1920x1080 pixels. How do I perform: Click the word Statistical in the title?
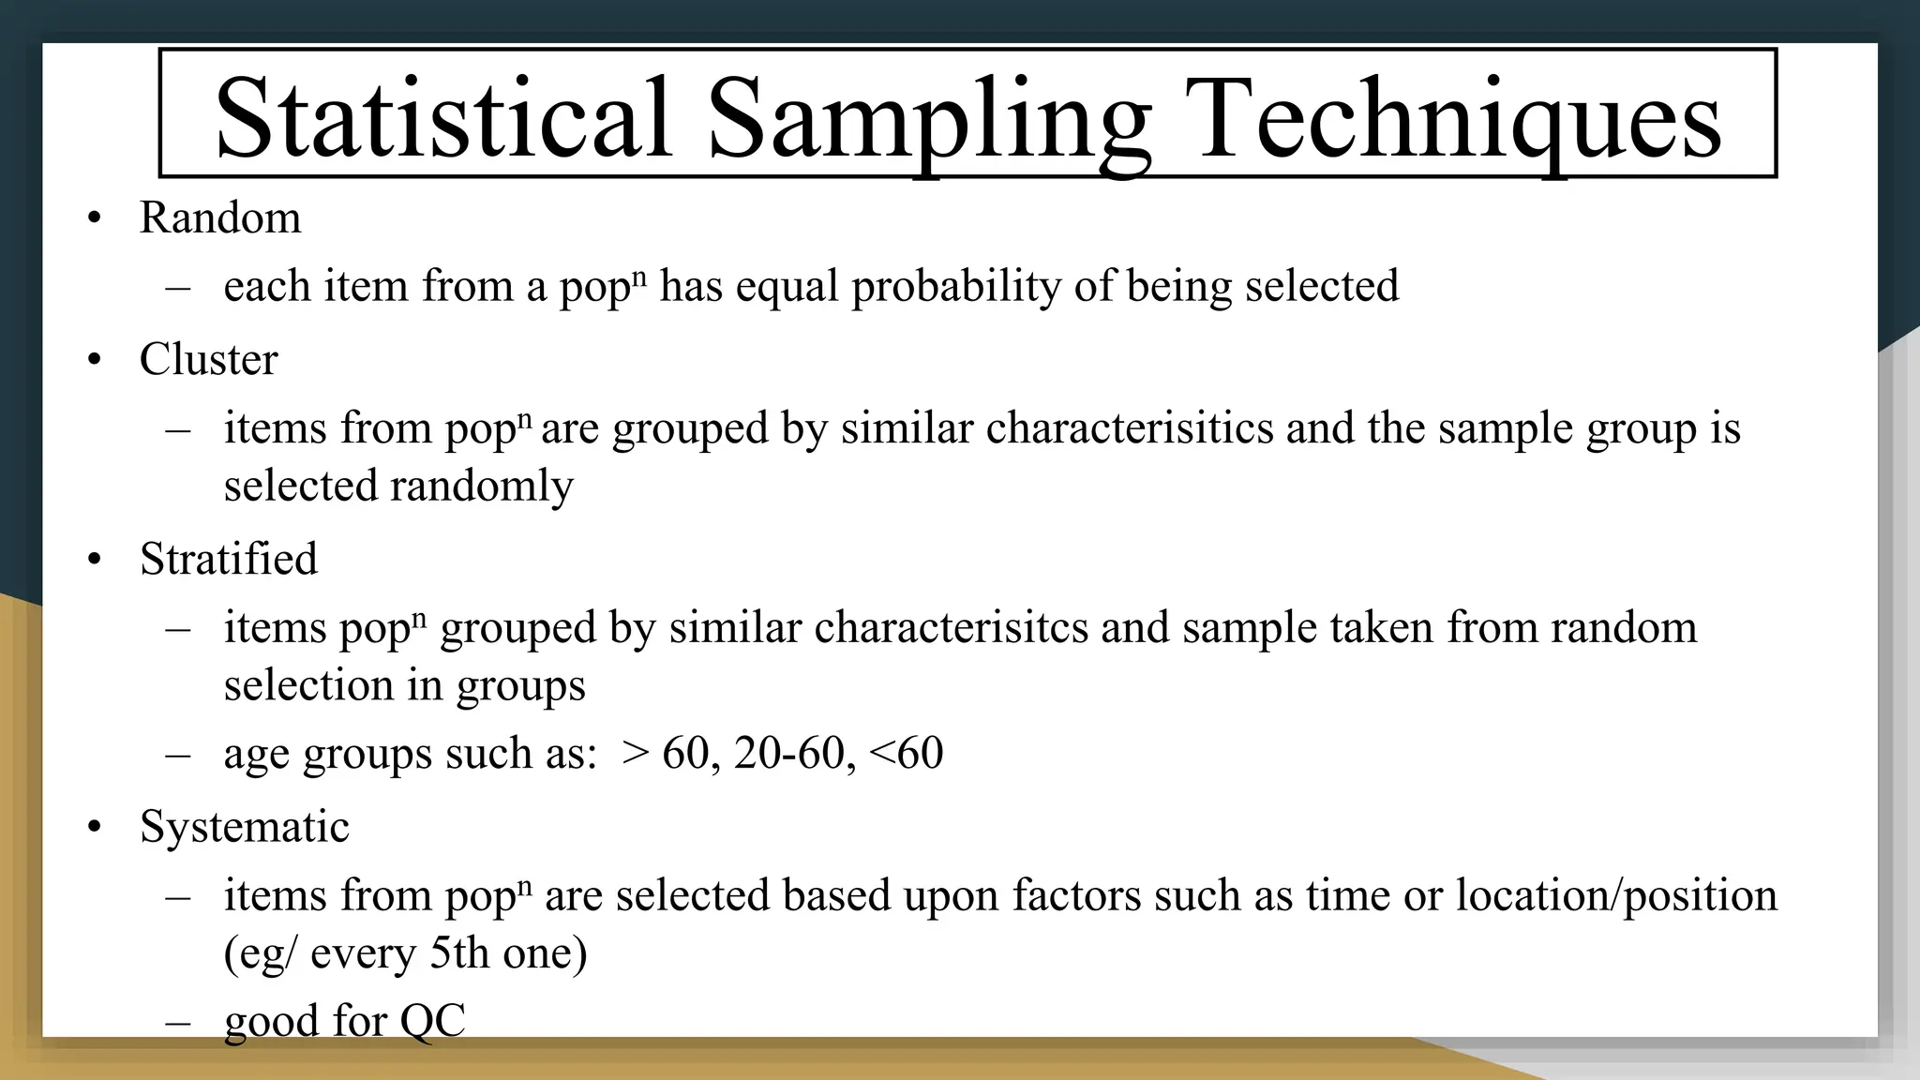click(442, 118)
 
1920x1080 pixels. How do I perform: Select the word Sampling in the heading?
click(928, 118)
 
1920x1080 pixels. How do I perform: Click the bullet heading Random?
click(220, 217)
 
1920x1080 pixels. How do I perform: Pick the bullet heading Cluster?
click(208, 359)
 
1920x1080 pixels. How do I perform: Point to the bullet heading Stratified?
click(229, 559)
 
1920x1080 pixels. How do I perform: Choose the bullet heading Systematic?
click(244, 827)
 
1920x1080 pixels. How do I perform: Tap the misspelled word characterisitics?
click(1130, 428)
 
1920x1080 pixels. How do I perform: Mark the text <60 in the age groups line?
click(906, 753)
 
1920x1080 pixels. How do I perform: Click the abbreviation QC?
click(432, 1020)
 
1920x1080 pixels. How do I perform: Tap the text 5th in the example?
click(459, 953)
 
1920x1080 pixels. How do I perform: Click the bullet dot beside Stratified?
click(94, 561)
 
